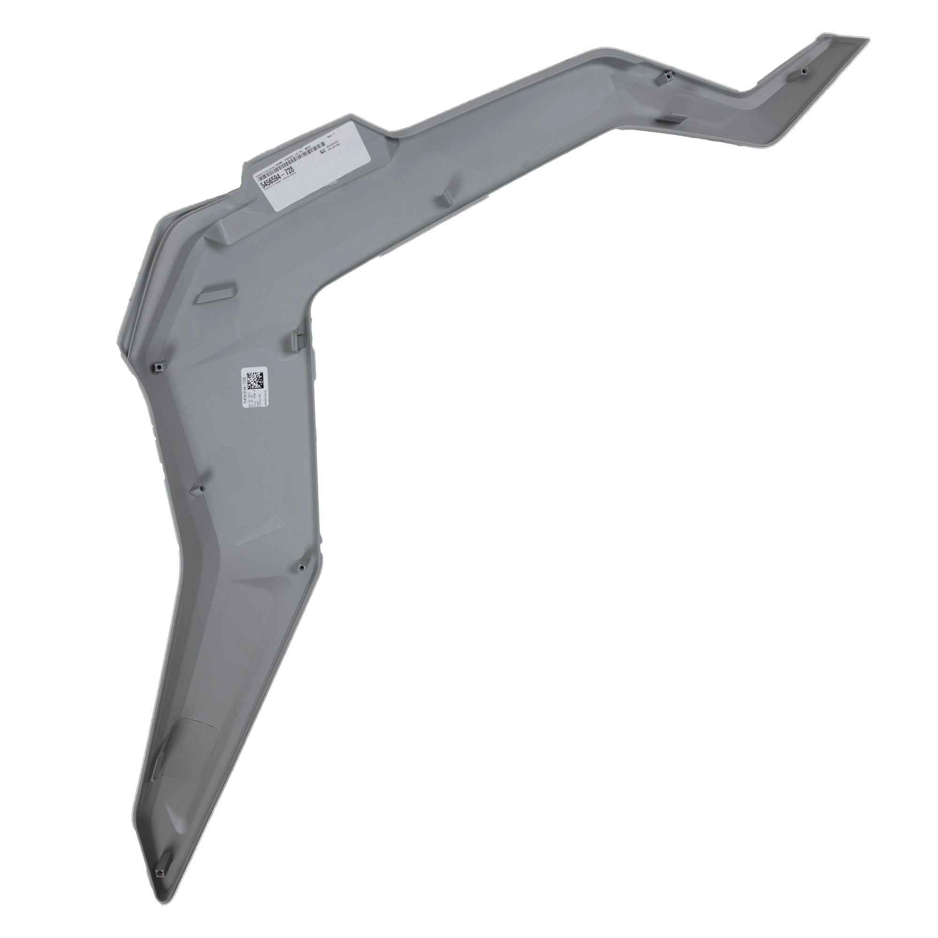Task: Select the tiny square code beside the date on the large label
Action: point(321,151)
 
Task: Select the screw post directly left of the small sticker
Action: point(159,366)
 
